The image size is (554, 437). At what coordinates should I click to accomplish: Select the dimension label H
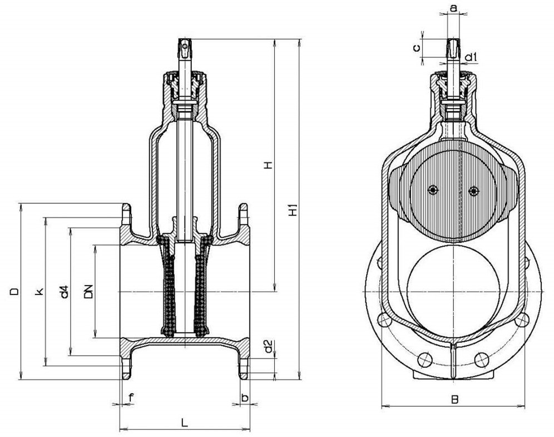(x=269, y=165)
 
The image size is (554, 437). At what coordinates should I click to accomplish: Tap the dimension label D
(x=15, y=291)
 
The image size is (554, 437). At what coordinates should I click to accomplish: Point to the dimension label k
(x=39, y=292)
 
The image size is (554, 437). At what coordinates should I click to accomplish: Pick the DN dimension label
(x=88, y=291)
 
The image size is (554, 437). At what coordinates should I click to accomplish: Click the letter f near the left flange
(x=131, y=397)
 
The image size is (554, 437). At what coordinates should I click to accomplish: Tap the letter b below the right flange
(x=245, y=397)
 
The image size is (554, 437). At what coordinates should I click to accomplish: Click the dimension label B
(x=454, y=399)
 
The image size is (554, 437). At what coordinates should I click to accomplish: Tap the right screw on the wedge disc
(x=473, y=191)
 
